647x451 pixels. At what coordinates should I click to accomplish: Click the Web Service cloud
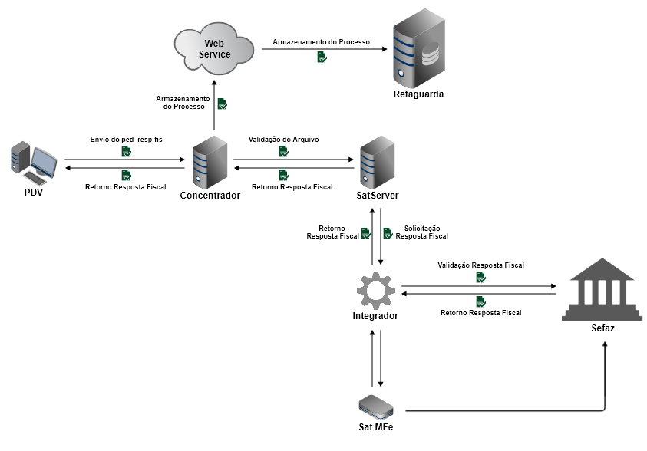click(214, 48)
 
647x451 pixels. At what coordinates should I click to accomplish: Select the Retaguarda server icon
click(418, 52)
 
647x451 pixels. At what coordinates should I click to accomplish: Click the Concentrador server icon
click(210, 162)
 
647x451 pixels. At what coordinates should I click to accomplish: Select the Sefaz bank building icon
click(598, 289)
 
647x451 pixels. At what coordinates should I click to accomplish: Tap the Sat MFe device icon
click(376, 406)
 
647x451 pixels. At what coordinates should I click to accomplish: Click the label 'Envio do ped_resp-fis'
click(126, 140)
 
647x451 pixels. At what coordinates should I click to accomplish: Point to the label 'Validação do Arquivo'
click(283, 140)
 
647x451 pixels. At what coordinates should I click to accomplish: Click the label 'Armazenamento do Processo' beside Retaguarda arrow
click(321, 41)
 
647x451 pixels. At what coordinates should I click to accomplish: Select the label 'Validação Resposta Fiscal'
click(480, 265)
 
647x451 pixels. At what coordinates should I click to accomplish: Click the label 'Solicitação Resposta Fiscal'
click(421, 232)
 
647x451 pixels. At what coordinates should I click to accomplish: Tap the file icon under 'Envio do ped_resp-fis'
click(126, 152)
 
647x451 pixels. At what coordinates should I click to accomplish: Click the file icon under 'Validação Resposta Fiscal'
click(480, 277)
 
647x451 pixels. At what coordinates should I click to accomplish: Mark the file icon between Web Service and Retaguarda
click(322, 57)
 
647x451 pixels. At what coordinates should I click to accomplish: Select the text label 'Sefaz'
click(602, 328)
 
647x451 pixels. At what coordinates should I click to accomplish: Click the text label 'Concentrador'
click(210, 196)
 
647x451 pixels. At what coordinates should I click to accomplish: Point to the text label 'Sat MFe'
click(376, 426)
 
